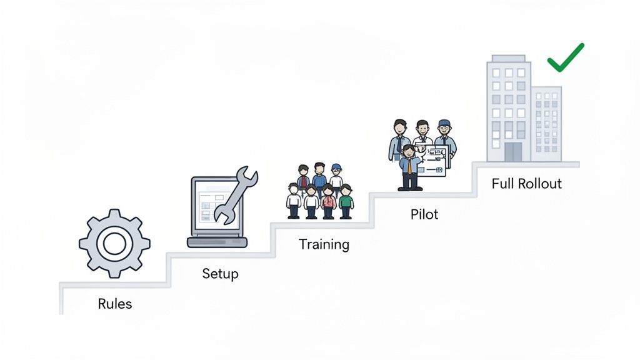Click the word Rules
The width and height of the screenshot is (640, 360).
point(115,304)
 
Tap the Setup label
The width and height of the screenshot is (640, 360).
point(220,274)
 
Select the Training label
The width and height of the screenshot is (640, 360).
point(324,244)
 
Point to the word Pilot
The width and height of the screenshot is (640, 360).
point(424,214)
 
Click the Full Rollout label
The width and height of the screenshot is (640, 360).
point(526,184)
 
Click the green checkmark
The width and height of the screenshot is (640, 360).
point(565,57)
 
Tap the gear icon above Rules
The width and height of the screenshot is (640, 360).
point(114,243)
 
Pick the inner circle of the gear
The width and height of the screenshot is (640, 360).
point(114,243)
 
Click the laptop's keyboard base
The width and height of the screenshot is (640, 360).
point(217,242)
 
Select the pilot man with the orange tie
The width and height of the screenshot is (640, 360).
point(409,167)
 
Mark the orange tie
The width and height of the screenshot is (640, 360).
point(409,166)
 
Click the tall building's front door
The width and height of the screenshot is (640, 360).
point(512,152)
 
